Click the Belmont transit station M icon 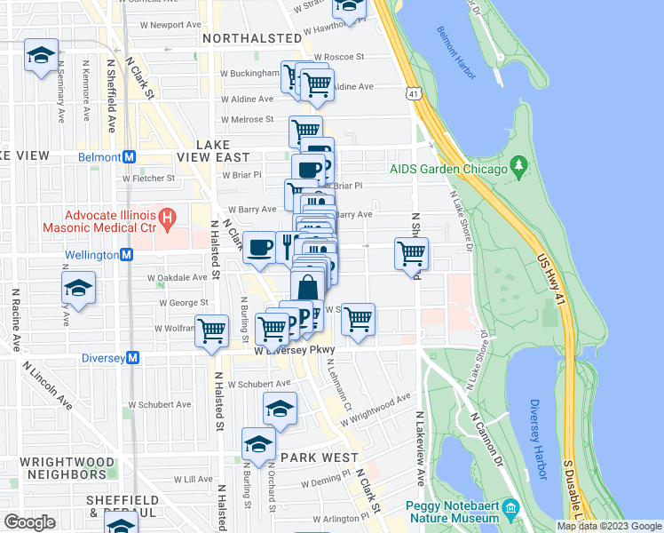(130, 156)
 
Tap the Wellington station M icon (126, 254)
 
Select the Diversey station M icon (133, 357)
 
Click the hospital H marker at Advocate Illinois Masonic (166, 216)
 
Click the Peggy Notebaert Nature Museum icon (510, 509)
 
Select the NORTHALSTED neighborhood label (252, 38)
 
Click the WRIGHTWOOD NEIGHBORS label (67, 468)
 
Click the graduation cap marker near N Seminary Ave (40, 55)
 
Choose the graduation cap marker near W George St (78, 288)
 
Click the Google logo (30, 522)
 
